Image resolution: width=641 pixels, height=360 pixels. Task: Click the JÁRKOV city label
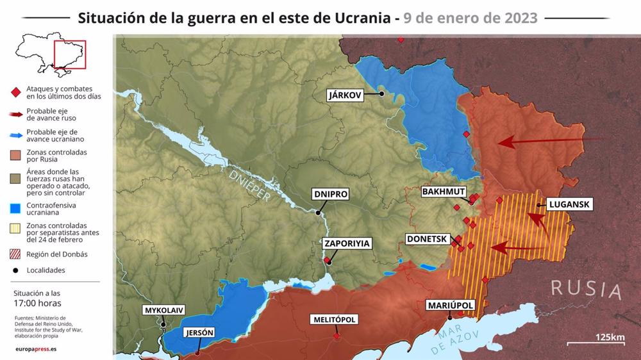pos(345,95)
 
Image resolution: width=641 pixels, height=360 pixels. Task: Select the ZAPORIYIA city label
pos(347,243)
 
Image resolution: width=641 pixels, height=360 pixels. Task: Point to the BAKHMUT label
pos(444,192)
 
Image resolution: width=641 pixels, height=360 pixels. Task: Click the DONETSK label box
pos(426,239)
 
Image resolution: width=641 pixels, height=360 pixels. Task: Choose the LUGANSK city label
pos(568,205)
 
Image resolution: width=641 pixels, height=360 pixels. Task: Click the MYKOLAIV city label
pos(164,310)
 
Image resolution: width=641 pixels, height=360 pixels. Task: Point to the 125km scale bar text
pos(610,338)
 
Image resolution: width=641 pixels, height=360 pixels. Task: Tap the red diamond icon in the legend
pos(15,92)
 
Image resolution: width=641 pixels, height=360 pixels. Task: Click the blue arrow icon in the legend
pos(15,135)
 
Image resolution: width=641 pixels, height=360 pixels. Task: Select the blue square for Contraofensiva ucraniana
pos(15,209)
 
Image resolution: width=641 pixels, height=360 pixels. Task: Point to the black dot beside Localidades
pos(15,270)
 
